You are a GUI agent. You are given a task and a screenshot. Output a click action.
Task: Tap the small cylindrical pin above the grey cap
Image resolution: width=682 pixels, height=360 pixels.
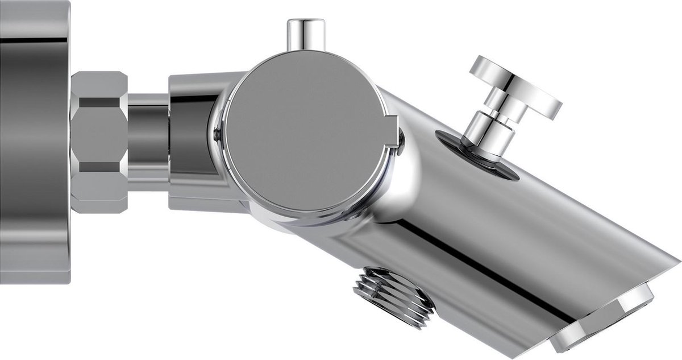pos(305,34)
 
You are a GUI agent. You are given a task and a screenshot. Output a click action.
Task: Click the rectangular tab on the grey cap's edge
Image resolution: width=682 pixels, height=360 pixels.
pos(392,131)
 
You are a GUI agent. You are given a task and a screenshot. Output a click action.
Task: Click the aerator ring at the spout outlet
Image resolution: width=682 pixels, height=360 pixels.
pos(602,318)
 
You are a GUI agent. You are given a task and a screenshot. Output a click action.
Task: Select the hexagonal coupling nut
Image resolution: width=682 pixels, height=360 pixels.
pos(99,142)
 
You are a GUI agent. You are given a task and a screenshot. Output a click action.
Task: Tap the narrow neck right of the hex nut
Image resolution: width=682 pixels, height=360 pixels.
pos(148,142)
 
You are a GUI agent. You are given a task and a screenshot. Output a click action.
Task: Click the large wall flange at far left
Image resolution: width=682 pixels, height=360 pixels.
pos(34,142)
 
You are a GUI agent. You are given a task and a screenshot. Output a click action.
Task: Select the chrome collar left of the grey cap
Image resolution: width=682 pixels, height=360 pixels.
pos(190,142)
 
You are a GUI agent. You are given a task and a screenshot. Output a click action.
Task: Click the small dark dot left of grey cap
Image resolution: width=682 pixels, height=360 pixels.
pos(216,134)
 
